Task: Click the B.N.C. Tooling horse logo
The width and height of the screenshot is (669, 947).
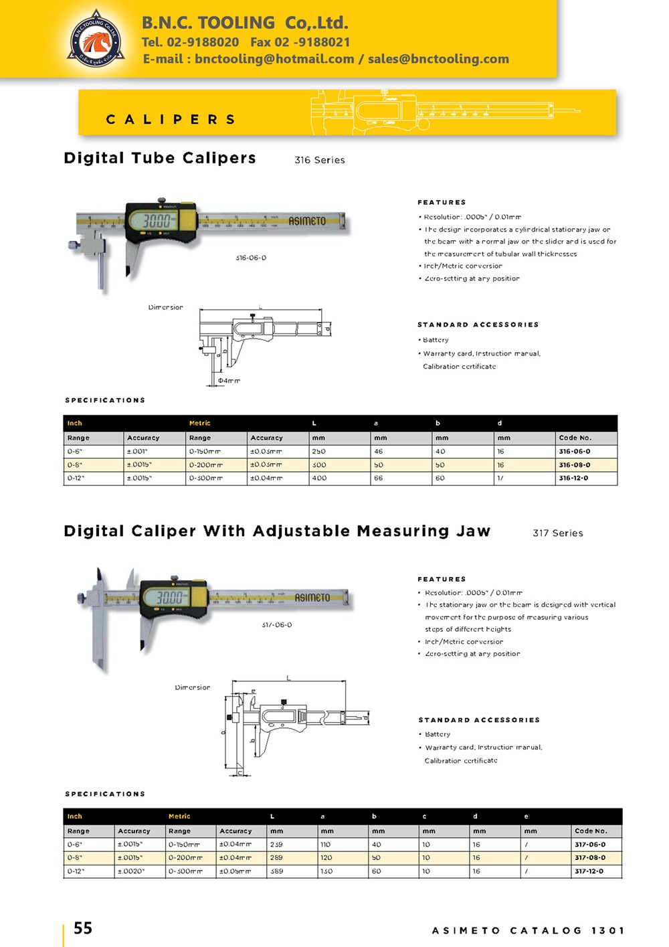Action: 96,40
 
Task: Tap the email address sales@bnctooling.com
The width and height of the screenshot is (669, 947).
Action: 438,59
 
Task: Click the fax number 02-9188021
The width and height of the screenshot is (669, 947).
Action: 300,42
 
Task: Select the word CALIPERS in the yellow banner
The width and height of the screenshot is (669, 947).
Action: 171,120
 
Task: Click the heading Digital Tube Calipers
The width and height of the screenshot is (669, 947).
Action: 160,158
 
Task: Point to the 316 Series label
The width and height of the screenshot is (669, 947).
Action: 320,160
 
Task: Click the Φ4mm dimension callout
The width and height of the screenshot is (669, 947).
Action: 229,380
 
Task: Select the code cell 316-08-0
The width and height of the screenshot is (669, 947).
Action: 575,464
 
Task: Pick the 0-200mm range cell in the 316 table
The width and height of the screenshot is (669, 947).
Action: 206,464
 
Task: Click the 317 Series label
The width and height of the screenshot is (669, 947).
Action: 558,533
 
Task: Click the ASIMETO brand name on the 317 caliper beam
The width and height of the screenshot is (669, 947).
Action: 312,597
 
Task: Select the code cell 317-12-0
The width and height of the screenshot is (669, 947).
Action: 589,871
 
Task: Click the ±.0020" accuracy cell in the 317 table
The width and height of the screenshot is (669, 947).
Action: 131,871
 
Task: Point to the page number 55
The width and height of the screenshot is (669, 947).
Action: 83,928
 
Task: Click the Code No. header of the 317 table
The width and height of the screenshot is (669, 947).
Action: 591,831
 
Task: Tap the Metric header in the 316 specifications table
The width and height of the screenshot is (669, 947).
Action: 199,423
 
